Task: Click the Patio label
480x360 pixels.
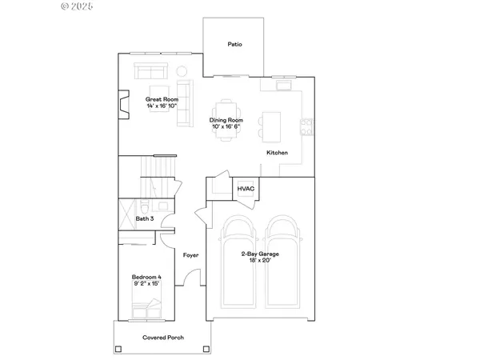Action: tap(234, 45)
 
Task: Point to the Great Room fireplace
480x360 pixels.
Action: tap(122, 103)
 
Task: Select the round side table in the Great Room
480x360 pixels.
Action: tap(180, 69)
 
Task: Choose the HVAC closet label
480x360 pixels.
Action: tap(245, 189)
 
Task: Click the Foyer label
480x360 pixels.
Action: tap(190, 255)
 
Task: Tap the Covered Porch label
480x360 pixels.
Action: tap(162, 338)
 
